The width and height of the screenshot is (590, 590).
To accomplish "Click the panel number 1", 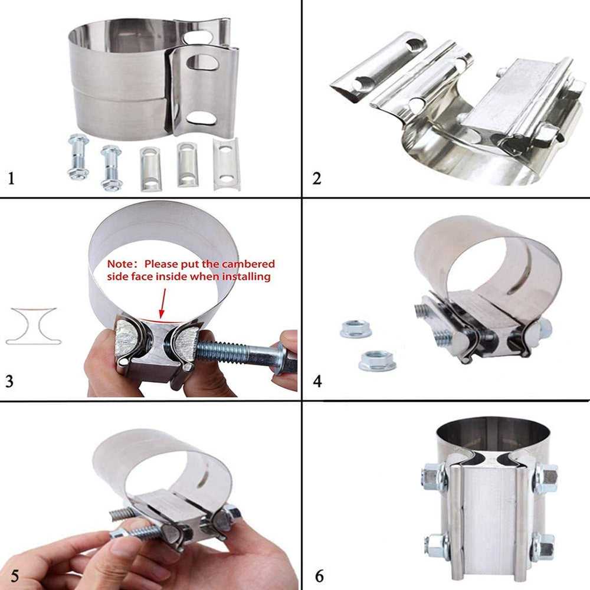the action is [11, 178].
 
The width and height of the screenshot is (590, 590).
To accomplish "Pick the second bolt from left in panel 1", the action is [112, 168].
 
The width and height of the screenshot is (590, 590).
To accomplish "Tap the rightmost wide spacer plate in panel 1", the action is [227, 164].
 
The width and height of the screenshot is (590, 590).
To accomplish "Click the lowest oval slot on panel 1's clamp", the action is [201, 118].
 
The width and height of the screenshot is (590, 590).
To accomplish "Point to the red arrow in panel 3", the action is [163, 303].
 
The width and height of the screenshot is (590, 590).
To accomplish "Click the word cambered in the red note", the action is [248, 264].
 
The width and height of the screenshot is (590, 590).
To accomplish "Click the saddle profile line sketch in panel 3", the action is [33, 326].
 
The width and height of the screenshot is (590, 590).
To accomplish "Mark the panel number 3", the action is [9, 381].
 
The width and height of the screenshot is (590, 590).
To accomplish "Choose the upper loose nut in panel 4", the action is [356, 329].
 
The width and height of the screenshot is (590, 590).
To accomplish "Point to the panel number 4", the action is [317, 381].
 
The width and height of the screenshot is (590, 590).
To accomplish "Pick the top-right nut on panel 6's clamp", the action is [545, 477].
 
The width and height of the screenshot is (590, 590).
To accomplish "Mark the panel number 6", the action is [319, 576].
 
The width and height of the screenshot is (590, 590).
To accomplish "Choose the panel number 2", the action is [317, 178].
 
